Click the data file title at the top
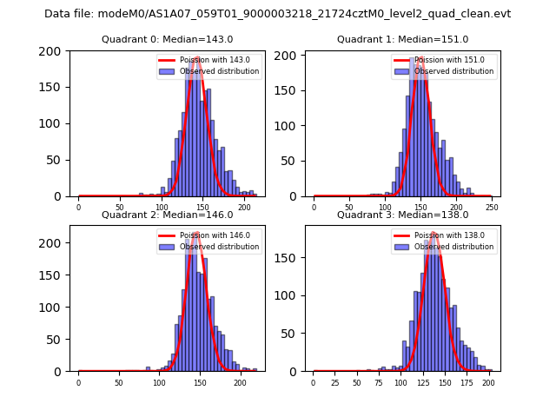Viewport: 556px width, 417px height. pyautogui.click(x=277, y=14)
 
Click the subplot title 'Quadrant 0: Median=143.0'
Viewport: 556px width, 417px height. pyautogui.click(x=167, y=39)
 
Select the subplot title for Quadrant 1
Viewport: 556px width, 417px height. pyautogui.click(x=402, y=39)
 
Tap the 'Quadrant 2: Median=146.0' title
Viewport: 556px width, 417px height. pyautogui.click(x=167, y=215)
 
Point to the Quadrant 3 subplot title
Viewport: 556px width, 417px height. pyautogui.click(x=402, y=215)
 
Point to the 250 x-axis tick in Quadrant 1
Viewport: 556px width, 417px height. pyautogui.click(x=491, y=208)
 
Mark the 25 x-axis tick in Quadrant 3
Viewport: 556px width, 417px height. pyautogui.click(x=334, y=383)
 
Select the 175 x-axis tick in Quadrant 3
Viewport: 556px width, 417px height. pyautogui.click(x=467, y=383)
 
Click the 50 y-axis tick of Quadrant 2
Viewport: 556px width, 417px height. pyautogui.click(x=56, y=339)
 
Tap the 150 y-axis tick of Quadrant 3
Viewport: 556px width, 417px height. pyautogui.click(x=291, y=256)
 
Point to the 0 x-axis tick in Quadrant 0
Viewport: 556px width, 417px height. pyautogui.click(x=78, y=208)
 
